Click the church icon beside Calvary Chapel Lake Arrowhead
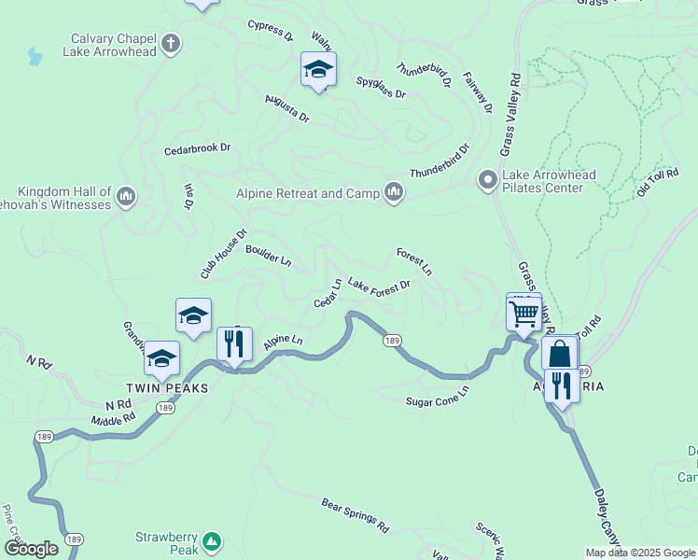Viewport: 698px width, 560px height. (170, 42)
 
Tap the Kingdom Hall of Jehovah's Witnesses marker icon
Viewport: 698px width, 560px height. (127, 197)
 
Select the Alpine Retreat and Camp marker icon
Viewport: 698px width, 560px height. (394, 193)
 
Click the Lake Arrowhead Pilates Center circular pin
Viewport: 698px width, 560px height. (487, 180)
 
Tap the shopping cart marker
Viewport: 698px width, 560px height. (523, 313)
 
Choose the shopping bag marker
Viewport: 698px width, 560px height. (559, 355)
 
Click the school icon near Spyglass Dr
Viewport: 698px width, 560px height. (318, 70)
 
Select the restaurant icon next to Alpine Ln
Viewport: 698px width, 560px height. (233, 343)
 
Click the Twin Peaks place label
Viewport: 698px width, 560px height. (165, 385)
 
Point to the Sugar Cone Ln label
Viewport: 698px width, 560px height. (437, 401)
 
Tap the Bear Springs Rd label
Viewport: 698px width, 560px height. (355, 514)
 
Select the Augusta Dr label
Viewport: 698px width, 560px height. (286, 107)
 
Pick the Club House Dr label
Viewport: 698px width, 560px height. (224, 254)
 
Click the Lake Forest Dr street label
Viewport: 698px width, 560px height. (379, 284)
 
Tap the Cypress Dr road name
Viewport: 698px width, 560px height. (271, 31)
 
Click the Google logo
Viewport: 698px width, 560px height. (32, 549)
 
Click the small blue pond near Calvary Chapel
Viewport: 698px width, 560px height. (35, 57)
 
